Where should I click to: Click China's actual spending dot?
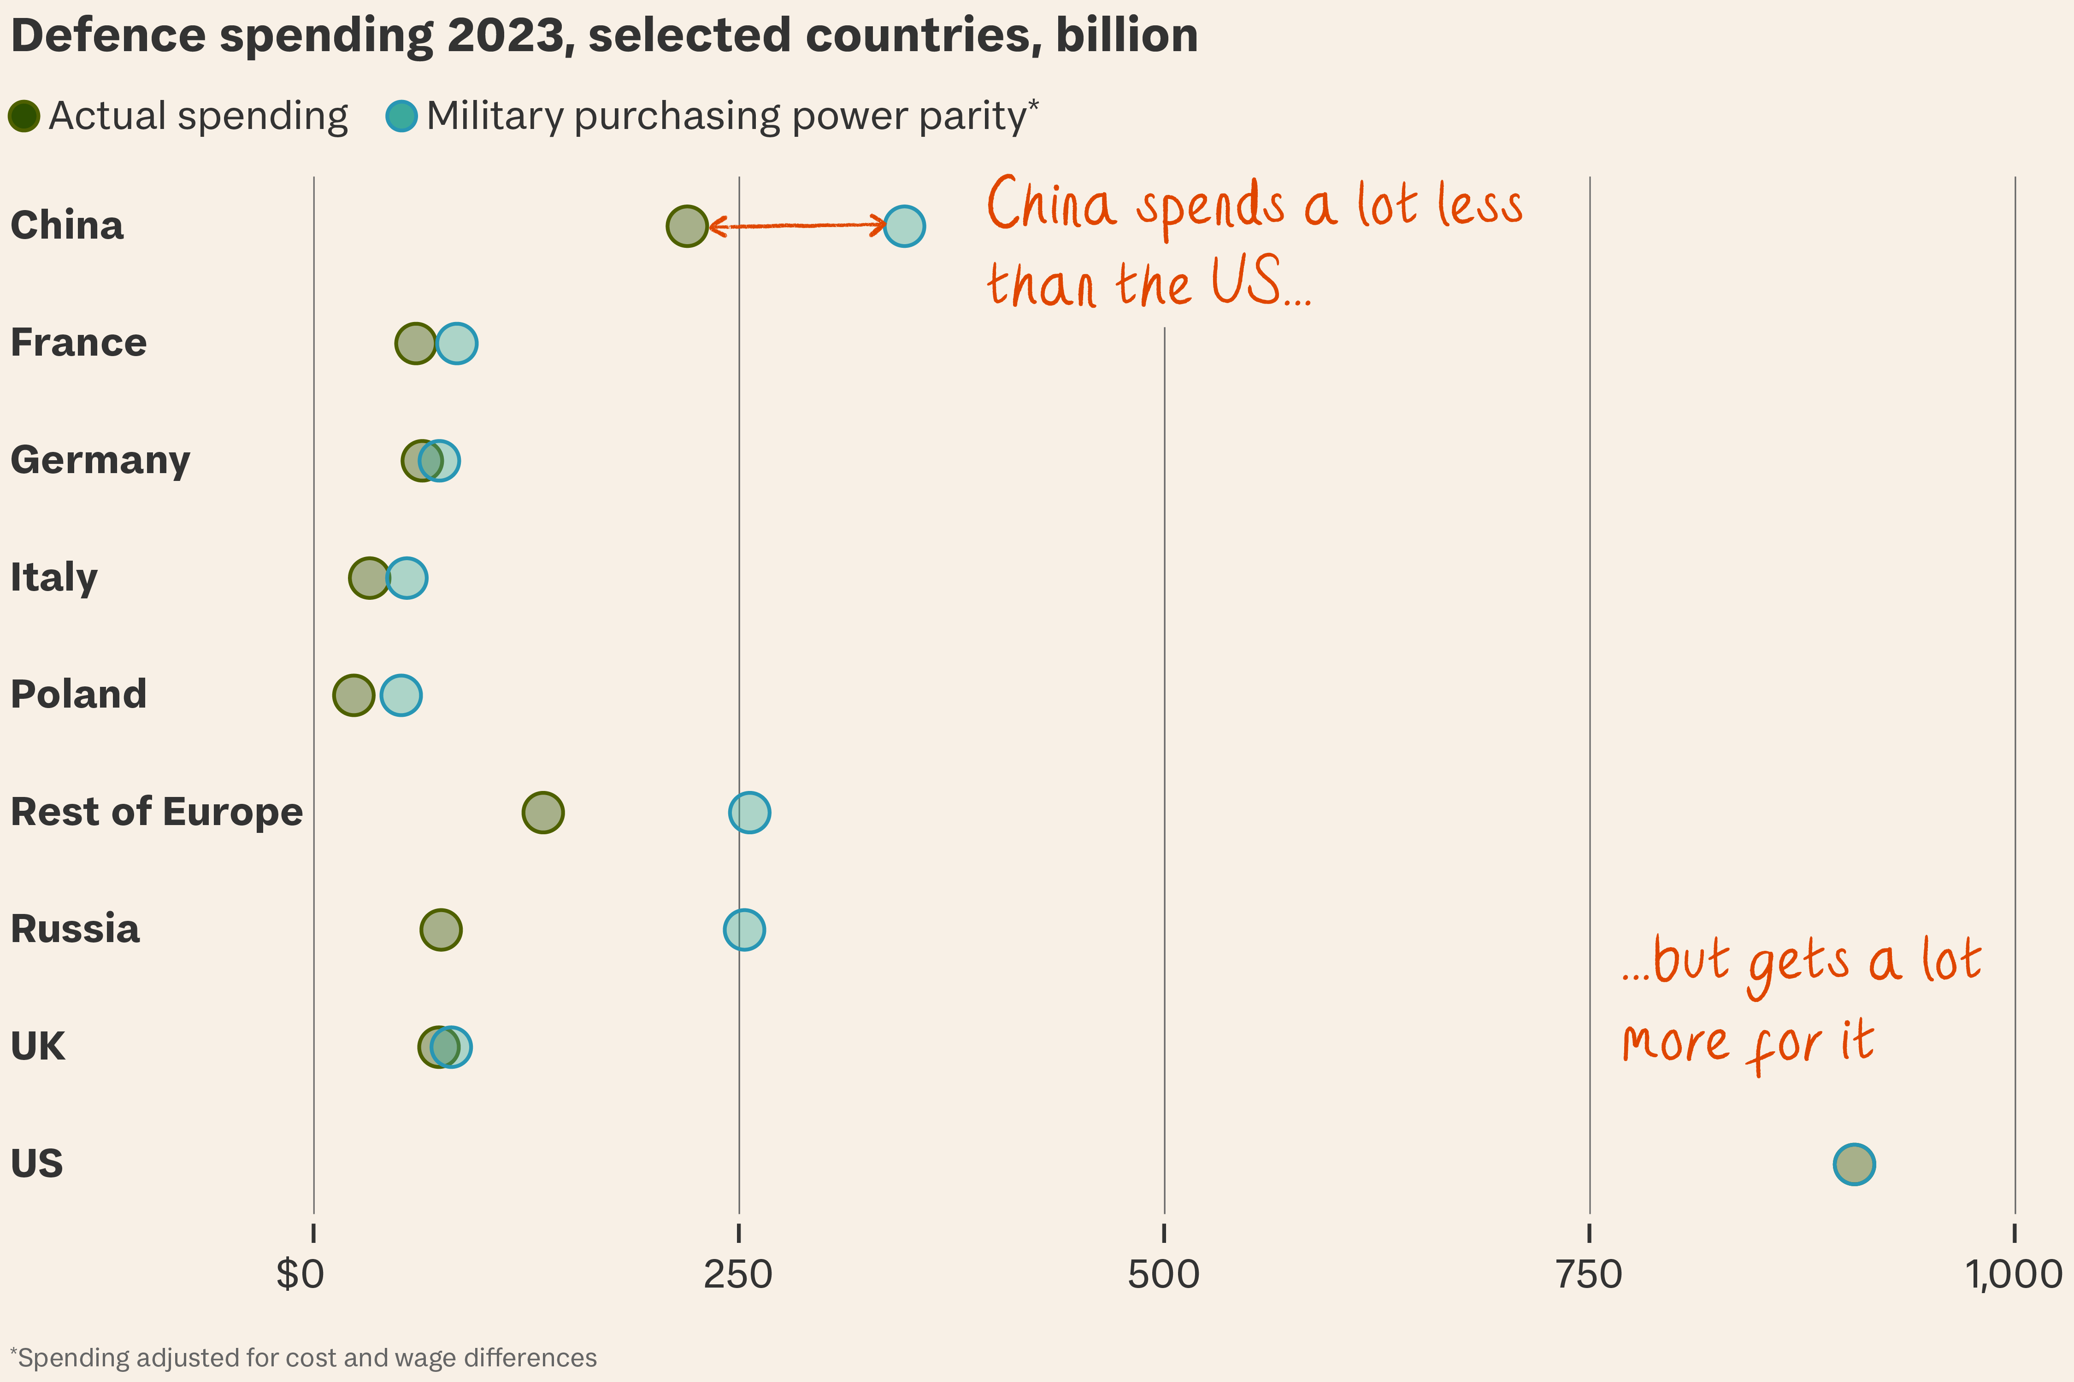[x=687, y=227]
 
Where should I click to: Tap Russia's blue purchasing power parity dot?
[x=744, y=930]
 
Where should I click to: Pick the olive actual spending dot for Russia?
[x=441, y=930]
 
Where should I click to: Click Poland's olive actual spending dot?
[x=354, y=696]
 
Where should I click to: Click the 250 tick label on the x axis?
[x=738, y=1275]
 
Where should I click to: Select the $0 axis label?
[x=300, y=1275]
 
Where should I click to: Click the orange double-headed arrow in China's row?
[x=796, y=226]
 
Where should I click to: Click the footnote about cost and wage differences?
[x=303, y=1357]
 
